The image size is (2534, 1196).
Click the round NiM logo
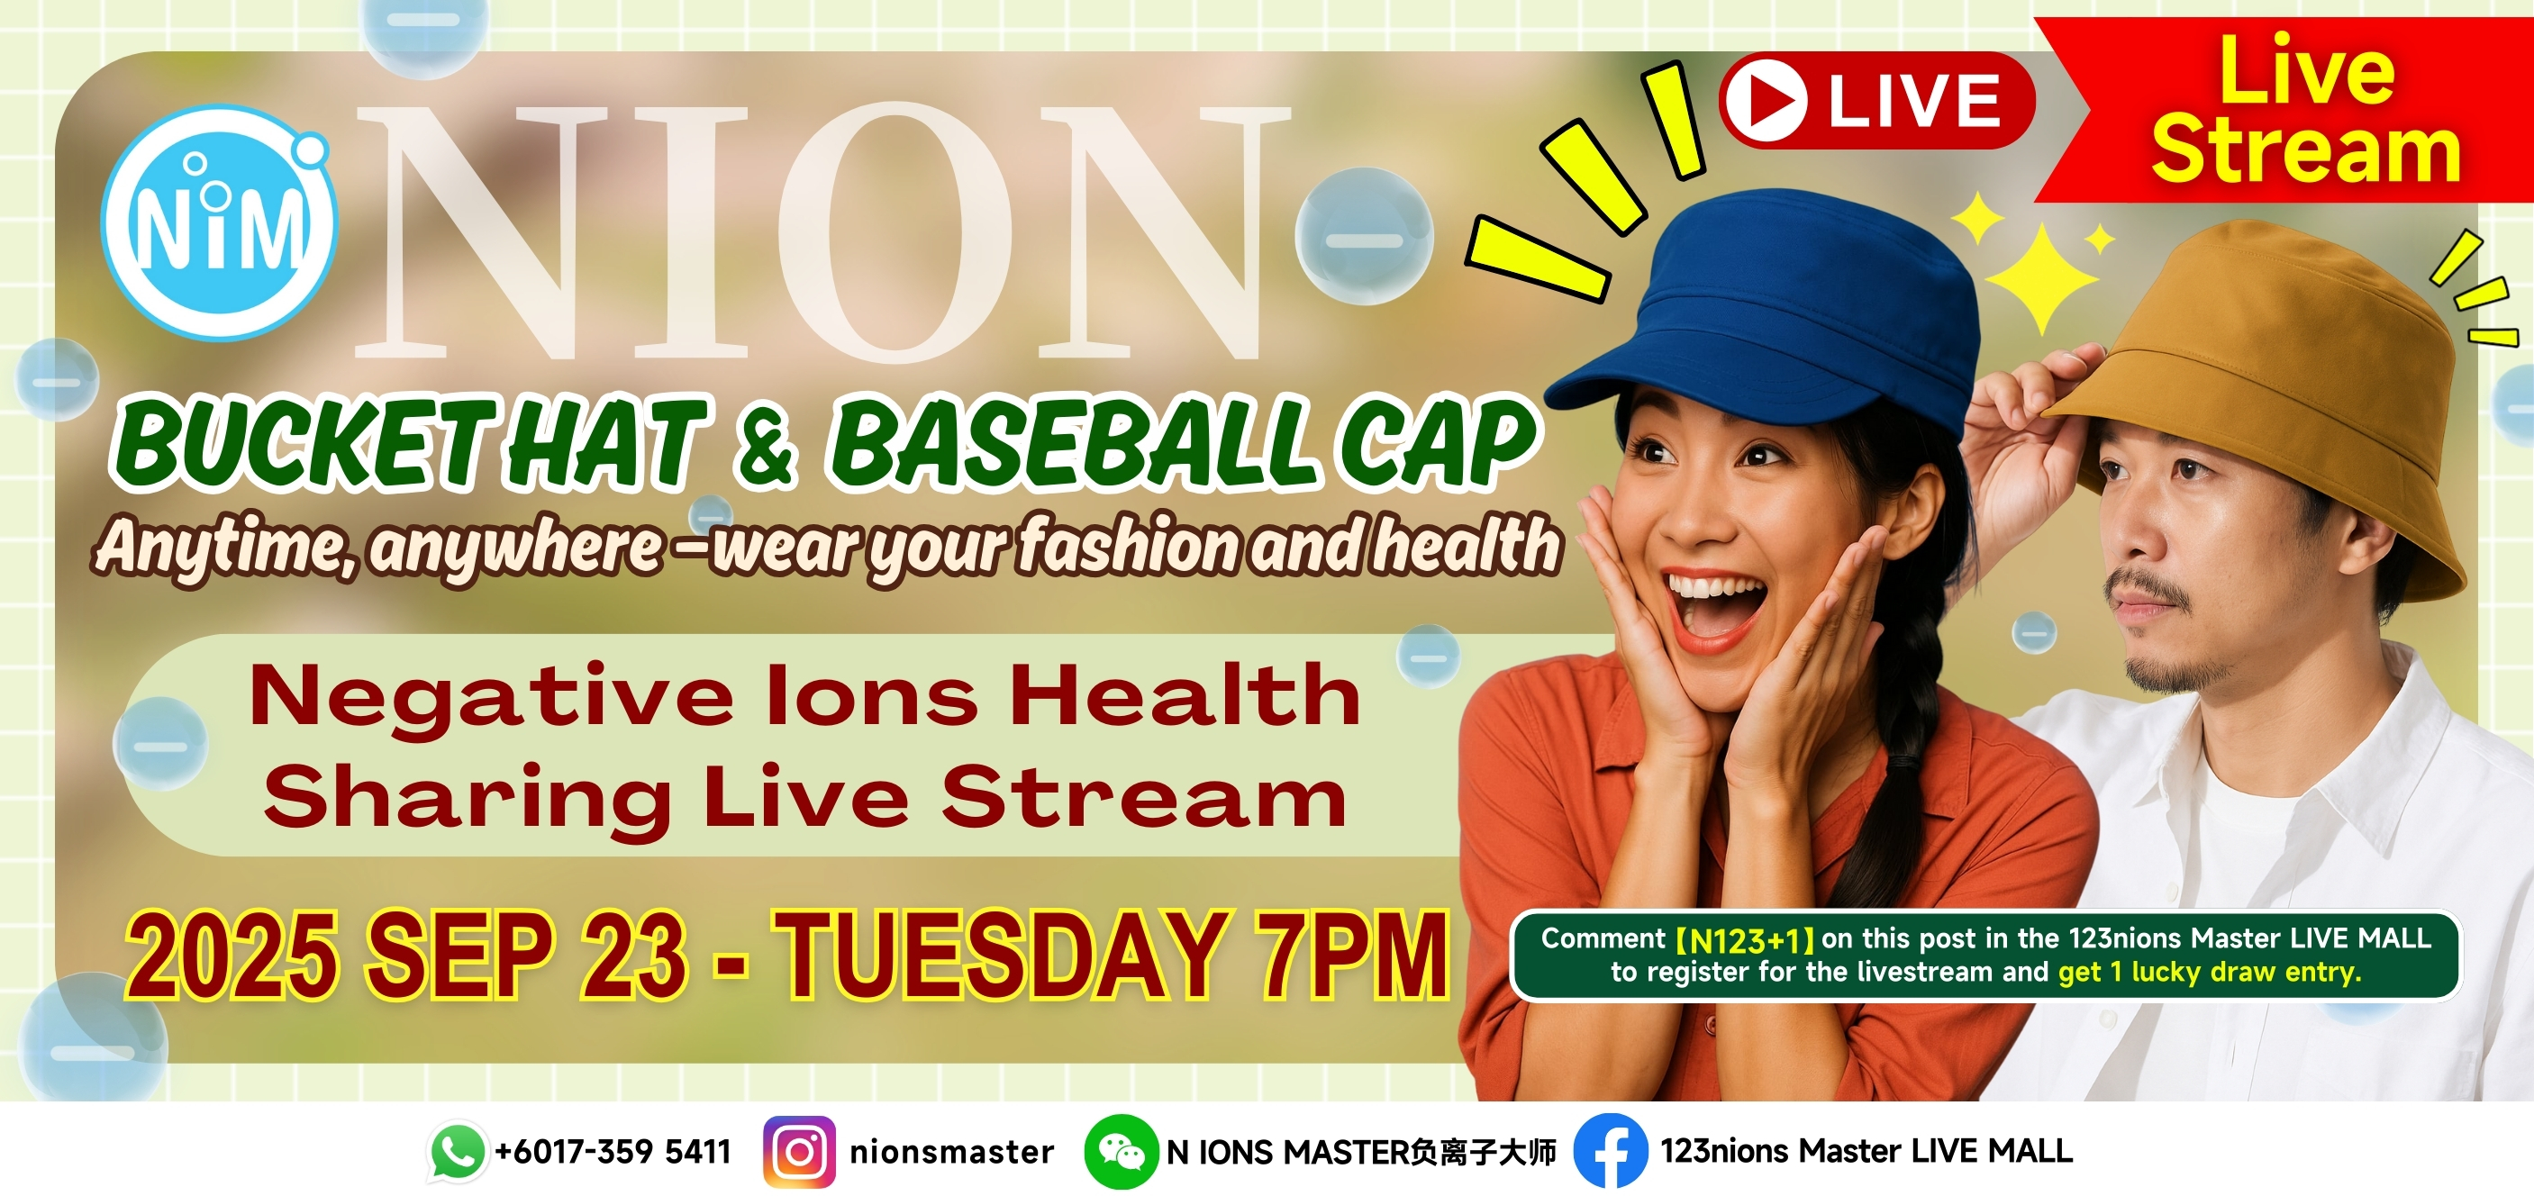(x=218, y=223)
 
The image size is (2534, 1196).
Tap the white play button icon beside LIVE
(x=1767, y=100)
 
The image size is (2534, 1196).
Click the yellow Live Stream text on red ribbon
(x=2306, y=110)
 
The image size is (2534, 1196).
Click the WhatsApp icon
(x=458, y=1151)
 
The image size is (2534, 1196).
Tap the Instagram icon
(x=799, y=1152)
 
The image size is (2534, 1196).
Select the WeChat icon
(x=1122, y=1152)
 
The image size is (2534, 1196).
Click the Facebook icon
(x=1612, y=1151)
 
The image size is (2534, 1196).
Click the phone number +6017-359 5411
(x=613, y=1151)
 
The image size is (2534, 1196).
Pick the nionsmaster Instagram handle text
(x=951, y=1152)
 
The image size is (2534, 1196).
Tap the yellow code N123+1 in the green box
(x=1745, y=940)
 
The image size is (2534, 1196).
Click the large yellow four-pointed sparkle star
(x=2042, y=278)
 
